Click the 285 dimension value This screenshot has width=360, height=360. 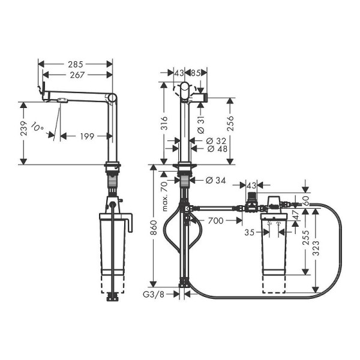(x=75, y=63)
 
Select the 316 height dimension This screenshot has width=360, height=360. (x=163, y=122)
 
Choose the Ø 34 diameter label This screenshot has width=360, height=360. (x=215, y=180)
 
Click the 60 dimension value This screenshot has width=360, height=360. (x=306, y=200)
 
